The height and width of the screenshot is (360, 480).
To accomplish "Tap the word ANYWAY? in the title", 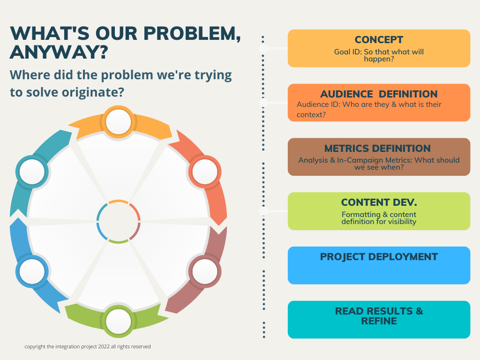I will coord(59,52).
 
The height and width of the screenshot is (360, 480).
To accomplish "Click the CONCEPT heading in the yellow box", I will coord(379,40).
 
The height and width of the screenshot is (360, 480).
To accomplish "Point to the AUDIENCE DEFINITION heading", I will coord(379,94).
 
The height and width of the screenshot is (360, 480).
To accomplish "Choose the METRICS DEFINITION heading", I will coord(377,149).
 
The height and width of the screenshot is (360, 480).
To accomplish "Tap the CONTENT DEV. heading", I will coord(379,202).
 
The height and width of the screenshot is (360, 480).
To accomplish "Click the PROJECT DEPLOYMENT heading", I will coord(379,257).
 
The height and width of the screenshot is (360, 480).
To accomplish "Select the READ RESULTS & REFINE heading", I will coord(379,316).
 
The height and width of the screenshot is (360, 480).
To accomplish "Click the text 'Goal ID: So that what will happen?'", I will coord(379,56).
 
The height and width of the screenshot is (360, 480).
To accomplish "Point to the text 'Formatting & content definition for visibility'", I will coord(379,218).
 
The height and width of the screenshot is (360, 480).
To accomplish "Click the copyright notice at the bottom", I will coord(88,346).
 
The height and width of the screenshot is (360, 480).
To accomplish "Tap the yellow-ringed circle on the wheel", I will coord(119,122).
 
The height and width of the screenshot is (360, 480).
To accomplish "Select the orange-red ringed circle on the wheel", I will coord(205,172).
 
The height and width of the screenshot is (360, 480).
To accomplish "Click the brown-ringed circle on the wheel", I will coord(205,270).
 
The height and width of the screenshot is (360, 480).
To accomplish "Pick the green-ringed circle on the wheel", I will coord(119,321).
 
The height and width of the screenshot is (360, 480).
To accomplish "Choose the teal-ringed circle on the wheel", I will coord(32,172).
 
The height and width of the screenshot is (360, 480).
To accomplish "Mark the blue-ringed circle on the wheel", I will coord(32,270).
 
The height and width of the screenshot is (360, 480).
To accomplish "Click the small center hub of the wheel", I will coord(119,221).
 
